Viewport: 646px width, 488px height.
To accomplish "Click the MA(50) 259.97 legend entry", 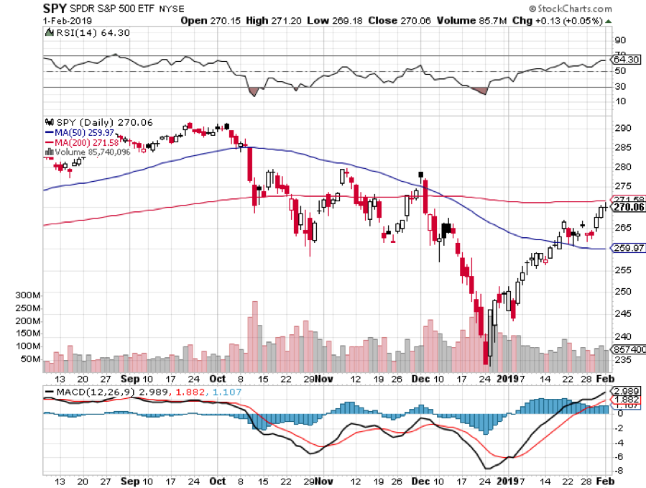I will [78, 132].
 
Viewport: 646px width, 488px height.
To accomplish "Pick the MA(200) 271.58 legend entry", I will [81, 142].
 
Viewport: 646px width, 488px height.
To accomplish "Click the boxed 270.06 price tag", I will [627, 208].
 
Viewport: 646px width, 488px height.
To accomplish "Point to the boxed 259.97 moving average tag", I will [627, 249].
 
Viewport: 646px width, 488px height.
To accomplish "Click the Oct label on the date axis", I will [218, 379].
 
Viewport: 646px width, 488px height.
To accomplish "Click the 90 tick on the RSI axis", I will [619, 41].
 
